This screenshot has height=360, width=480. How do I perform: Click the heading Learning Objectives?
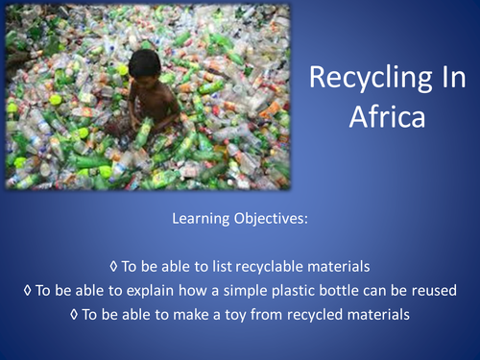pos(239,219)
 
